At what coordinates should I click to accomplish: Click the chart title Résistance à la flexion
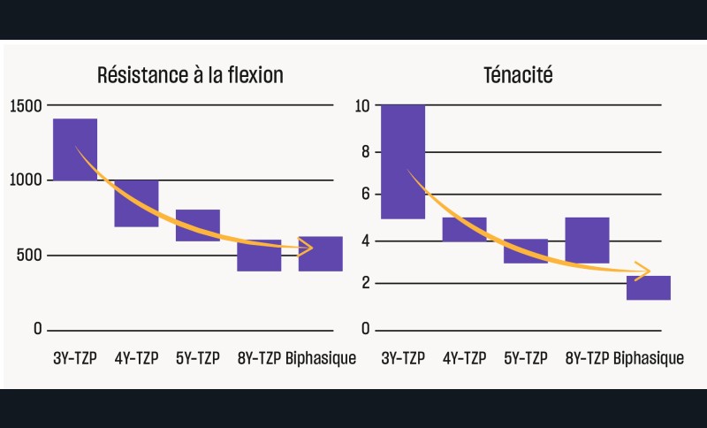coord(190,75)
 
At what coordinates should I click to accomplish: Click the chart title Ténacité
coord(520,75)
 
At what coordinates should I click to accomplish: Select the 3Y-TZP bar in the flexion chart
coord(75,149)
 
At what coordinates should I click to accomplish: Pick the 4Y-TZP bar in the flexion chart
coord(136,203)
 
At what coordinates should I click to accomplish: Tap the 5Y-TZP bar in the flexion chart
coord(198,225)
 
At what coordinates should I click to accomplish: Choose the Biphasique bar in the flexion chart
coord(321,254)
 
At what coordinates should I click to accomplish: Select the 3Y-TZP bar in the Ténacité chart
coord(403,161)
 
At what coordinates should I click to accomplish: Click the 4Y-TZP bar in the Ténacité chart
coord(464,229)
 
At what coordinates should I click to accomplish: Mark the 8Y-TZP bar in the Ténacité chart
coord(587,240)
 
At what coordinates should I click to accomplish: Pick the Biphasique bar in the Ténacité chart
coord(649,287)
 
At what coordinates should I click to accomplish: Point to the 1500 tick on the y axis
coord(27,106)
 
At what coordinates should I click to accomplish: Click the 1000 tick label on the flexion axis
coord(27,180)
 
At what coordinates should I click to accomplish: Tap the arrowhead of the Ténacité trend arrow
coord(645,271)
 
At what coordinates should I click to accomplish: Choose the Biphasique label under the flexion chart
coord(321,358)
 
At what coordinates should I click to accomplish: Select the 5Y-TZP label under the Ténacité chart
coord(526,358)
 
